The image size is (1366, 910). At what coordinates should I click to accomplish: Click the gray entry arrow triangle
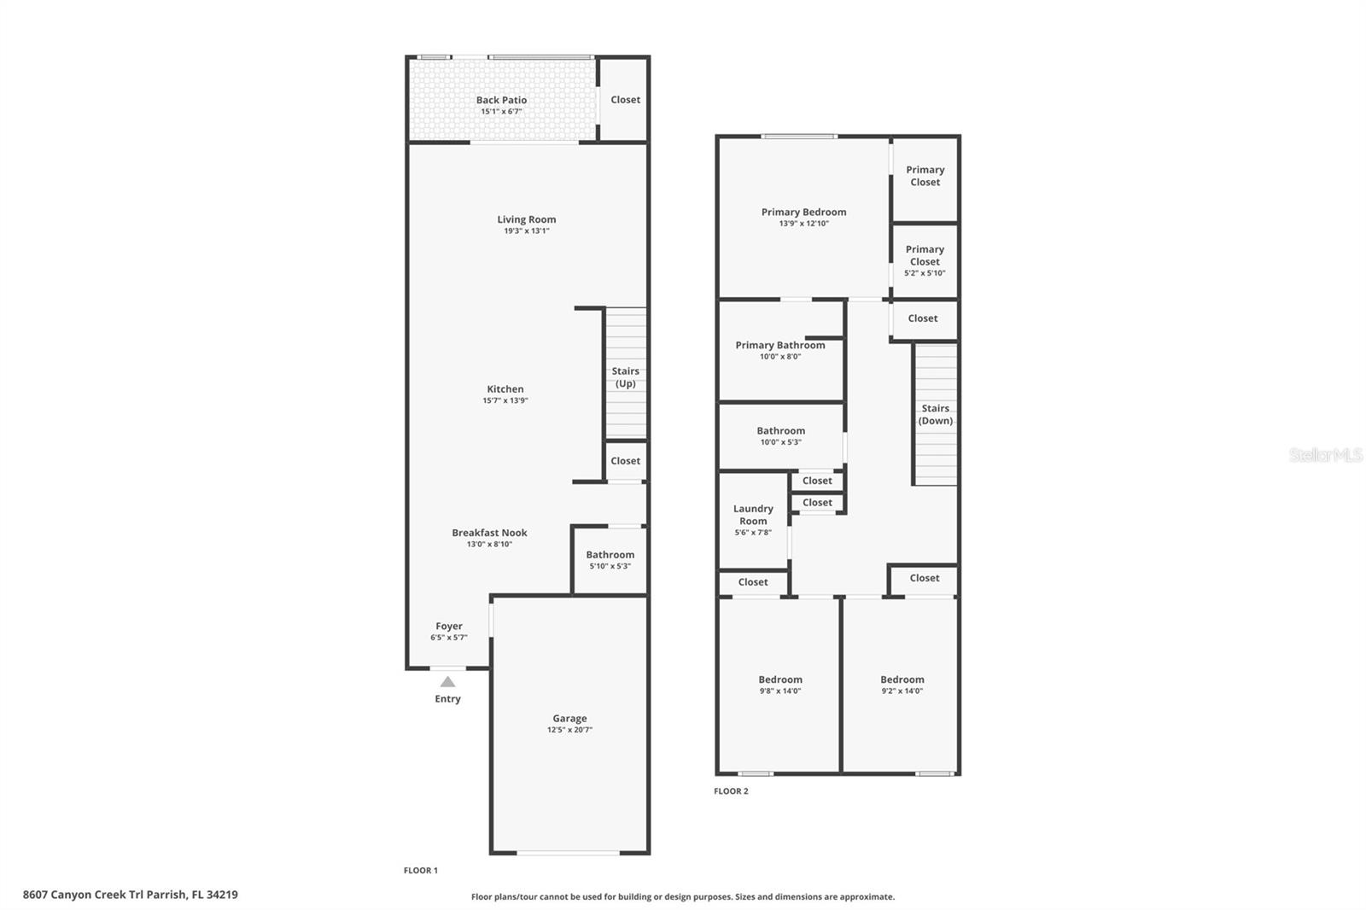pyautogui.click(x=447, y=681)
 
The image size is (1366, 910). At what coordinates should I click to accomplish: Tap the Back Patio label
pyautogui.click(x=501, y=100)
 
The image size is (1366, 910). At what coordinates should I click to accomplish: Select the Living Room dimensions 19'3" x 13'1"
pyautogui.click(x=526, y=231)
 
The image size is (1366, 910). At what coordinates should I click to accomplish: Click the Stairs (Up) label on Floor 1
pyautogui.click(x=626, y=377)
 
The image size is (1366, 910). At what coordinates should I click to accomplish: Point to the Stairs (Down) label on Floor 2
pyautogui.click(x=936, y=414)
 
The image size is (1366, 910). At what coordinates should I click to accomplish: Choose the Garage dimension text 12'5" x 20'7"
pyautogui.click(x=569, y=730)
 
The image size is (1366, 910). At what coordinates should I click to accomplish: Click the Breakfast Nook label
pyautogui.click(x=489, y=533)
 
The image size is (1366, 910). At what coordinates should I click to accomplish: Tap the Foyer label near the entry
pyautogui.click(x=449, y=627)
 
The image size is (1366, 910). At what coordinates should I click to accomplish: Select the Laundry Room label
pyautogui.click(x=753, y=515)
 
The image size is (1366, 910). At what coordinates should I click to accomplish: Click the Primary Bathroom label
pyautogui.click(x=780, y=345)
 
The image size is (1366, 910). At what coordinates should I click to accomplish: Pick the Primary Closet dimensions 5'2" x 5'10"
pyautogui.click(x=925, y=273)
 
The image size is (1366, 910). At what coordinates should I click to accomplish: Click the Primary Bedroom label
pyautogui.click(x=803, y=213)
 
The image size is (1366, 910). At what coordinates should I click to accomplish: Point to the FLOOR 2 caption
pyautogui.click(x=731, y=791)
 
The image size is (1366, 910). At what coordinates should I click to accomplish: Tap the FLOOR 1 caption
pyautogui.click(x=421, y=871)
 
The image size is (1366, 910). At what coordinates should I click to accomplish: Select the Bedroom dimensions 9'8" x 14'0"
pyautogui.click(x=780, y=691)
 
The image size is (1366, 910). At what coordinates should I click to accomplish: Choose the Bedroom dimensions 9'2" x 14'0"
pyautogui.click(x=902, y=691)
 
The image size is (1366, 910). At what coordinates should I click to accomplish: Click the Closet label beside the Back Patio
pyautogui.click(x=626, y=99)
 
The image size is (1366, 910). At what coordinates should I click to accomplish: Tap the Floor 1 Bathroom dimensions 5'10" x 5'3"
pyautogui.click(x=610, y=566)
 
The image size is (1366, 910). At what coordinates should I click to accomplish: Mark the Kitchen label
pyautogui.click(x=505, y=389)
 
